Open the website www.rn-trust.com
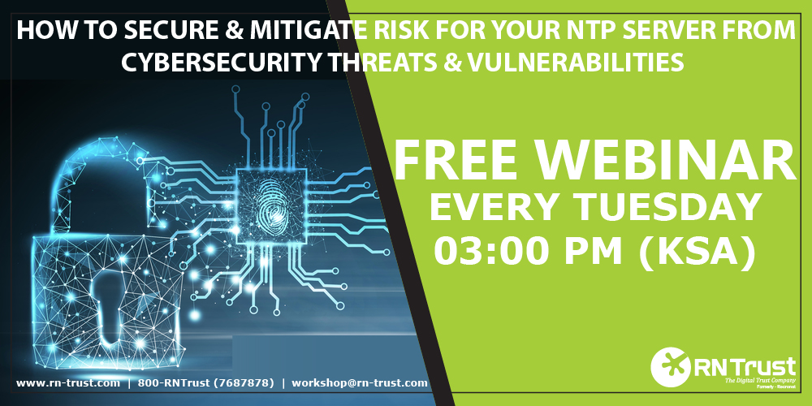(x=67, y=382)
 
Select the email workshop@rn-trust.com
(x=359, y=382)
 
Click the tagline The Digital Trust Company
(x=747, y=380)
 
